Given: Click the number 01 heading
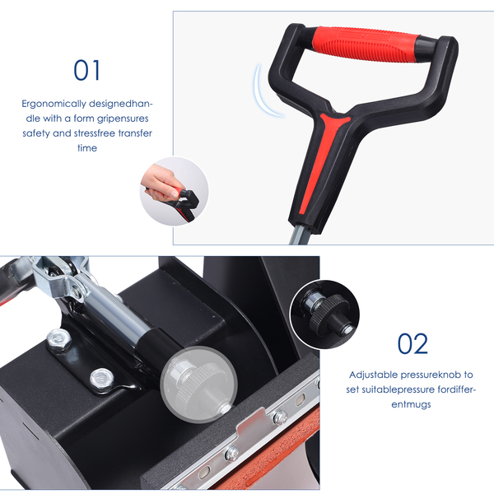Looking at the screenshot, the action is [x=86, y=70].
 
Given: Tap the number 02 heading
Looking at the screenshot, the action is [x=412, y=343].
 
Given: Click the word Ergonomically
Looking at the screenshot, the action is [x=54, y=104].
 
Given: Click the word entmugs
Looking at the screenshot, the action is [x=411, y=404].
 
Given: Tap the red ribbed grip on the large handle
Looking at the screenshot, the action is [x=366, y=44].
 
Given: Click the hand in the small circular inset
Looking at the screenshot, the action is [x=160, y=183].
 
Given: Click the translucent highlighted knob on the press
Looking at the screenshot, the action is [x=198, y=384].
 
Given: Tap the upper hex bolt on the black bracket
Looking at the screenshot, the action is [x=59, y=338].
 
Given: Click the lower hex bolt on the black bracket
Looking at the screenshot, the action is [x=101, y=378].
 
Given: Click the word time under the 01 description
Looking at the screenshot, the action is [x=87, y=147].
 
